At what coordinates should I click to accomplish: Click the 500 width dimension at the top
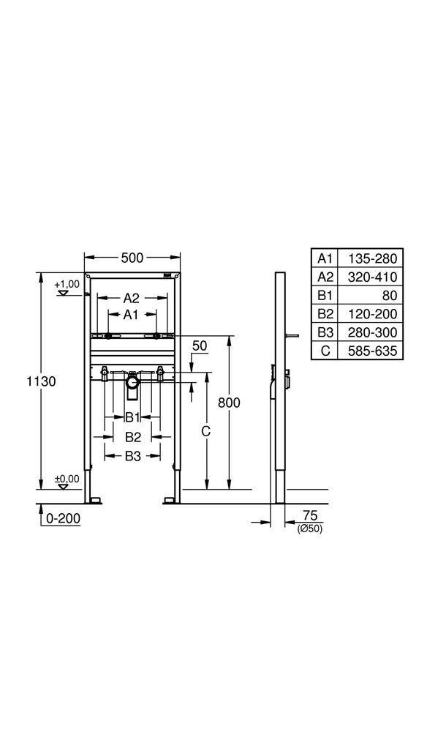[132, 258]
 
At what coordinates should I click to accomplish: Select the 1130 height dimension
[41, 381]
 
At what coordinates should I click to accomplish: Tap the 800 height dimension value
[229, 403]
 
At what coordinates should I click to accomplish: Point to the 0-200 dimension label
[63, 518]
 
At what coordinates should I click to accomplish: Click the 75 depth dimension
[310, 515]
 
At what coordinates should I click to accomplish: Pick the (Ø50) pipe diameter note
[310, 528]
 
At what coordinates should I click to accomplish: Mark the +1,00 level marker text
[67, 283]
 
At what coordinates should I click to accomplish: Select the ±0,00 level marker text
[67, 479]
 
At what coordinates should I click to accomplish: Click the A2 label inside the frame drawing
[131, 298]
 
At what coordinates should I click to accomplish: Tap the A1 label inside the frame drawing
[131, 314]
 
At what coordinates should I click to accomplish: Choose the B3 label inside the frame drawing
[132, 456]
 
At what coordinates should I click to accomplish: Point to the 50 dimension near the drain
[199, 346]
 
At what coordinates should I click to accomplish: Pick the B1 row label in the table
[325, 296]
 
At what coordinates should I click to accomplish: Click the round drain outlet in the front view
[132, 382]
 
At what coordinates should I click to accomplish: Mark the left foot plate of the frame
[94, 500]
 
